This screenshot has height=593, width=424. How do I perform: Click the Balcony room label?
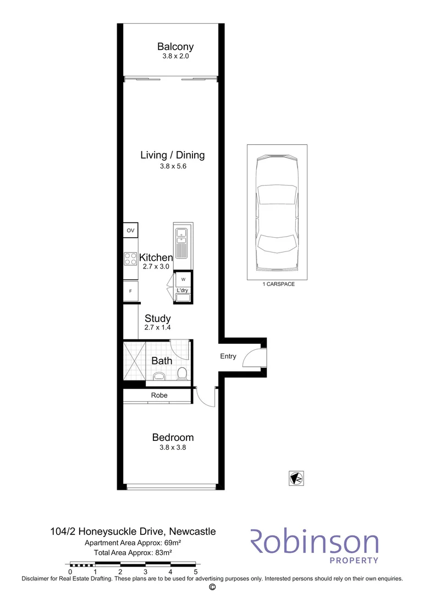tap(175, 47)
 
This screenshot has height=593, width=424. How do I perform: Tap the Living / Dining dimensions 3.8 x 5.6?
tap(173, 166)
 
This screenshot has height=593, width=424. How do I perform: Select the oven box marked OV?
tap(130, 230)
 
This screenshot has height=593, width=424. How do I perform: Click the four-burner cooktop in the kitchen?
tap(130, 259)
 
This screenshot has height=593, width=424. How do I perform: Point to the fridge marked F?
tap(130, 291)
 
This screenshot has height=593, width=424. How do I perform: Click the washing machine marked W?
tap(183, 279)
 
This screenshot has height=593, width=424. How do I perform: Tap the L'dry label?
tap(182, 290)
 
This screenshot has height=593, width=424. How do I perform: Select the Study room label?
tap(158, 318)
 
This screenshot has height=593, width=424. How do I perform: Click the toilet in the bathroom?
tap(182, 374)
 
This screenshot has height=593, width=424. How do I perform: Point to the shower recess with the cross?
tap(135, 360)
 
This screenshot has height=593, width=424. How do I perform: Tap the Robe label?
tap(159, 395)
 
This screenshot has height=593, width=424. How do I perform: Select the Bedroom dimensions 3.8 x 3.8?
tap(173, 447)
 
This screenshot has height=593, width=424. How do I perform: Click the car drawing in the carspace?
tap(277, 214)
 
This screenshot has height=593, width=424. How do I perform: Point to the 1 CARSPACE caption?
tap(278, 284)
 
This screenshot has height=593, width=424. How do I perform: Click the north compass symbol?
tap(296, 478)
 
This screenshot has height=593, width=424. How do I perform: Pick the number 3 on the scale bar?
tap(146, 572)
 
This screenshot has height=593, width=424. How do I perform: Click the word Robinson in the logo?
tap(315, 542)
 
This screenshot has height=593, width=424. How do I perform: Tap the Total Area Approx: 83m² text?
tap(133, 552)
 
